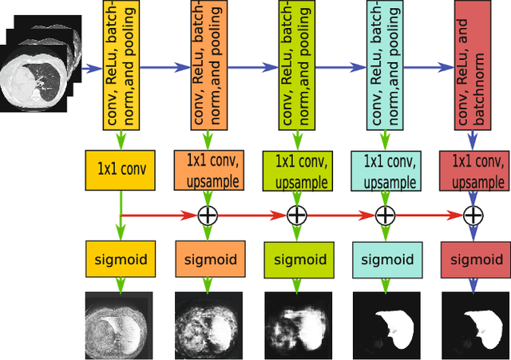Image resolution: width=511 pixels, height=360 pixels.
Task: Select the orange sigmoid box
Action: pos(208,259)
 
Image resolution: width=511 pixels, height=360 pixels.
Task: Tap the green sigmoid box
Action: pos(296,259)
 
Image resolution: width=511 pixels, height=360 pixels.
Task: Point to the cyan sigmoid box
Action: pos(385,259)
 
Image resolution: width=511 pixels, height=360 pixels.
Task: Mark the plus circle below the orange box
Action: pos(208,215)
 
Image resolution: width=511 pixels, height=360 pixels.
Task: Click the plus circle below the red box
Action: pos(474,215)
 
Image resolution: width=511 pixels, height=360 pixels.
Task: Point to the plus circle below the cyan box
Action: pos(385,215)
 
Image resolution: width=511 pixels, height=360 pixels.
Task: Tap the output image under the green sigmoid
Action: pos(296,325)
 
